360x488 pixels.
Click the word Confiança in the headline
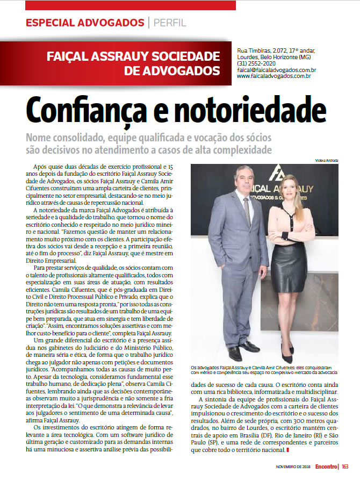click(84, 110)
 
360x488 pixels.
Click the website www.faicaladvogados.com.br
click(274, 77)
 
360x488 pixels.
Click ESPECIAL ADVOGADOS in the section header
click(85, 23)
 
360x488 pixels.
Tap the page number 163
click(345, 467)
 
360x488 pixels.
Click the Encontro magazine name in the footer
click(326, 467)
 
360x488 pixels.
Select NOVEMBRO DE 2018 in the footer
click(293, 467)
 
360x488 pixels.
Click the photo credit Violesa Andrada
click(327, 161)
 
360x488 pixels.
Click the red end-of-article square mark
click(288, 449)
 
